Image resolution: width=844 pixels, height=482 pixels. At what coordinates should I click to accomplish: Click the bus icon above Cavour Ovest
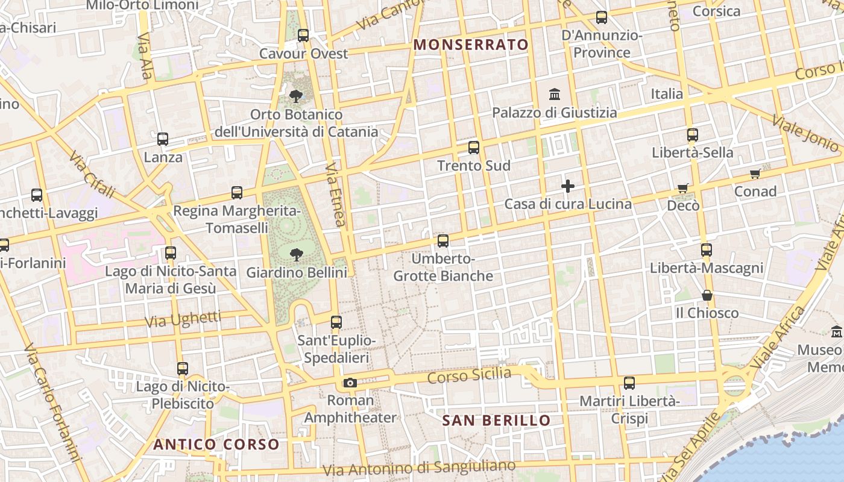(303, 36)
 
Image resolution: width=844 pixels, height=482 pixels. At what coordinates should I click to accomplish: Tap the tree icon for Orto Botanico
(295, 96)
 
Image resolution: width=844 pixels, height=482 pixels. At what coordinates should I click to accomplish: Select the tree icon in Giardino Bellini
(296, 254)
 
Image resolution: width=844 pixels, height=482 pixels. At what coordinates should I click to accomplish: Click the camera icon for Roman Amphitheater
(350, 383)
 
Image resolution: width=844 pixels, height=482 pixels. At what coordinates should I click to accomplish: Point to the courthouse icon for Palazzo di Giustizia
(555, 95)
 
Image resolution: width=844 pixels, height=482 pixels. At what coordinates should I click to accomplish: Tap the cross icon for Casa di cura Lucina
(567, 186)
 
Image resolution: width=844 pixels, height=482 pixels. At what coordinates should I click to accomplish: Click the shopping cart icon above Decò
(683, 188)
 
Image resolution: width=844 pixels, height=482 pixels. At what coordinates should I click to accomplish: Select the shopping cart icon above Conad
(755, 174)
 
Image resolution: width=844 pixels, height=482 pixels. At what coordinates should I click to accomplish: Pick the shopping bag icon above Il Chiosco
(707, 295)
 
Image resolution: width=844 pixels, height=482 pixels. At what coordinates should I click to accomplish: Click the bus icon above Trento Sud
(474, 148)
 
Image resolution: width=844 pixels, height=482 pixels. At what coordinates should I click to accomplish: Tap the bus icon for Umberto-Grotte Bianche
(443, 241)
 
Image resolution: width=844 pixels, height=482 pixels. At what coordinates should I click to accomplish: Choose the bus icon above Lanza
(163, 139)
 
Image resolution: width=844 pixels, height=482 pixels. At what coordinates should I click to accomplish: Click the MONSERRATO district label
(471, 45)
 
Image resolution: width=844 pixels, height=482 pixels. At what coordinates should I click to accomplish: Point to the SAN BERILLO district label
(497, 421)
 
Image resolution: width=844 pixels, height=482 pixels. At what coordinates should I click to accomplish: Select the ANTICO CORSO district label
(216, 445)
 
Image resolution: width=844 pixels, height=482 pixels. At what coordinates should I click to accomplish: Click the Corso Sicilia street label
(469, 376)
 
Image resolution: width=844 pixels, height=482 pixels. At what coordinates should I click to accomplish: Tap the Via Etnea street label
(335, 194)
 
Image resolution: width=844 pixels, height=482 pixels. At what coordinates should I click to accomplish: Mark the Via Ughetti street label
(183, 319)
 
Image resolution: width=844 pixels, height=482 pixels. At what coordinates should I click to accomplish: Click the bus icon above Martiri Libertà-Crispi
(629, 383)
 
